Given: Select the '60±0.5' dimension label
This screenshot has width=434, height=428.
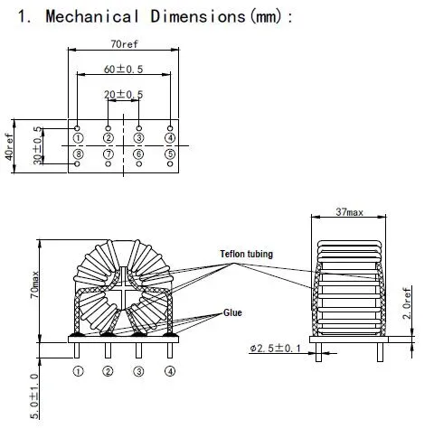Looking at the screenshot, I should [123, 69].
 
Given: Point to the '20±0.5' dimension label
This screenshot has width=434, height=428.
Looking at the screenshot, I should [123, 94].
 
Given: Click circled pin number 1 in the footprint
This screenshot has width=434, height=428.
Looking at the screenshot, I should [78, 137].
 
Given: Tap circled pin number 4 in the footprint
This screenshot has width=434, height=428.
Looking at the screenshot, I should [169, 137].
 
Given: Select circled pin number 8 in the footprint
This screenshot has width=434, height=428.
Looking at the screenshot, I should [78, 154].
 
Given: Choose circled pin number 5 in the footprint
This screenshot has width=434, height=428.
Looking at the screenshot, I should [169, 154].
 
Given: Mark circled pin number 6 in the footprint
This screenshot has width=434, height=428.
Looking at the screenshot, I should [138, 154].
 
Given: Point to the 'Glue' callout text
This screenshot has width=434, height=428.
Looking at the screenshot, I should [233, 312].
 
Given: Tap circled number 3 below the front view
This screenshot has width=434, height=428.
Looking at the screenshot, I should [138, 371].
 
